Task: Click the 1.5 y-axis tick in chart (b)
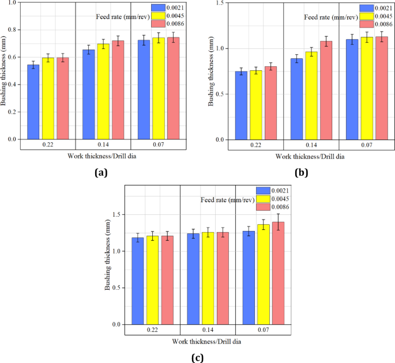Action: [220, 3]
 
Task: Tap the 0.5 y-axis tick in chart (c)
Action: [116, 288]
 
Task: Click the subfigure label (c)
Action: [198, 357]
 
